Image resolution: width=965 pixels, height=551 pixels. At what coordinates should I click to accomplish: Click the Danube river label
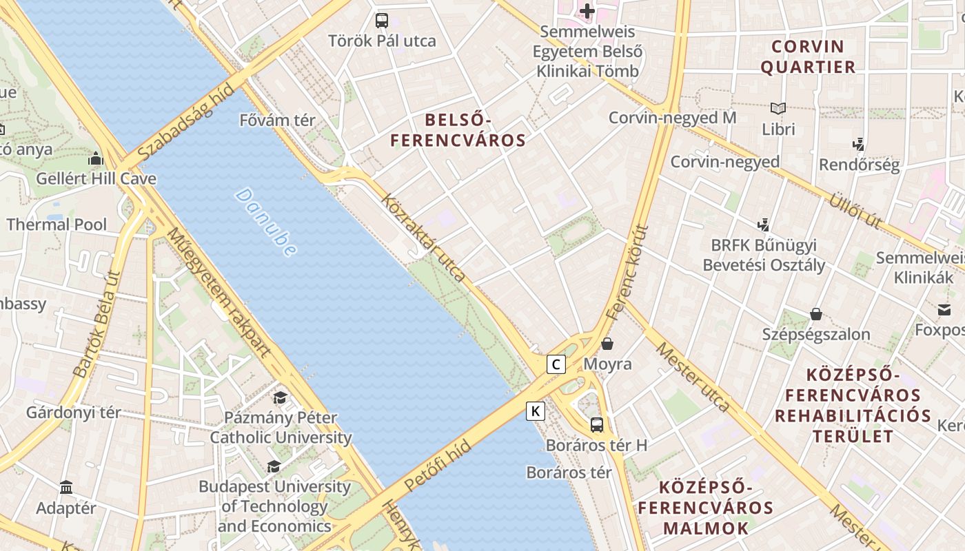click(x=266, y=222)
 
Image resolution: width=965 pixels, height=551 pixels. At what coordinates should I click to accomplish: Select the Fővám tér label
click(x=277, y=121)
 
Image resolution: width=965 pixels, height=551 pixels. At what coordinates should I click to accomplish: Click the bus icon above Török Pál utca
click(x=382, y=21)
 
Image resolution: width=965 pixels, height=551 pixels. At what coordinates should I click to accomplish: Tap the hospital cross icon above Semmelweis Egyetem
click(x=587, y=11)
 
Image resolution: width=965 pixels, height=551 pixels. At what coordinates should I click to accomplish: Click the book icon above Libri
click(x=778, y=109)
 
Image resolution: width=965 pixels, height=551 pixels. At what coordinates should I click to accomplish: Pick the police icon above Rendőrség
click(x=859, y=145)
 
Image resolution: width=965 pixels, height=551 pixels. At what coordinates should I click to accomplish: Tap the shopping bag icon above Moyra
click(x=607, y=343)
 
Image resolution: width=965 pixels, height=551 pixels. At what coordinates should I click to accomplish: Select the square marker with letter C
click(x=556, y=364)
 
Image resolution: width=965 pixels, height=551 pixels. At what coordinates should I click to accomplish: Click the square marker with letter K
click(x=536, y=411)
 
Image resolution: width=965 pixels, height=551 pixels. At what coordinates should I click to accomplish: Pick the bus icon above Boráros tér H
click(x=597, y=425)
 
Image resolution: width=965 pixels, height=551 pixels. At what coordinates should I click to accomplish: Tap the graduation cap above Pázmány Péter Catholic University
click(x=280, y=397)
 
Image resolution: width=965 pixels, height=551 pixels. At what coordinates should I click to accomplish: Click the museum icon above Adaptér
click(x=66, y=488)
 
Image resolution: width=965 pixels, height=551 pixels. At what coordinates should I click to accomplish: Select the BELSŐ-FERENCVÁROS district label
click(x=458, y=130)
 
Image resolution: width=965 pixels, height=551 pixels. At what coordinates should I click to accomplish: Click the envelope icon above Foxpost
click(x=942, y=310)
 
